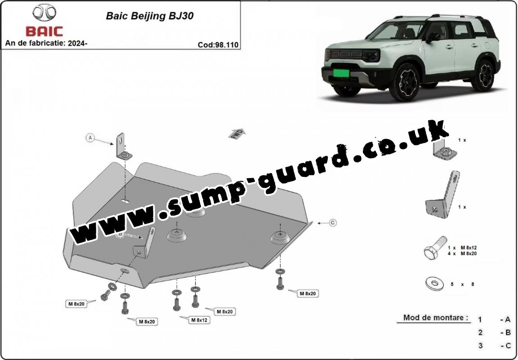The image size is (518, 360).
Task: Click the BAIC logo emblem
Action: [x=45, y=13]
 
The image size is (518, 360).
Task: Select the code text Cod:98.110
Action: [x=218, y=45]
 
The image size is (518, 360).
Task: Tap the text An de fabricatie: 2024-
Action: [x=46, y=43]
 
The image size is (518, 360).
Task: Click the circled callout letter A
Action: [x=90, y=138]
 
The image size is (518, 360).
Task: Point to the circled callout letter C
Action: [x=333, y=223]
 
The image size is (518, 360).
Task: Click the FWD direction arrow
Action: [x=237, y=133]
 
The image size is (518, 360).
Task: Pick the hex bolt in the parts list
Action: [x=434, y=249]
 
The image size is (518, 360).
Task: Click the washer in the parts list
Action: [x=434, y=283]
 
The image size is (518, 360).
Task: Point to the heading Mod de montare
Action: [x=435, y=318]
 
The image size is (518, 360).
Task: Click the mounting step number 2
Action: [x=480, y=333]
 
